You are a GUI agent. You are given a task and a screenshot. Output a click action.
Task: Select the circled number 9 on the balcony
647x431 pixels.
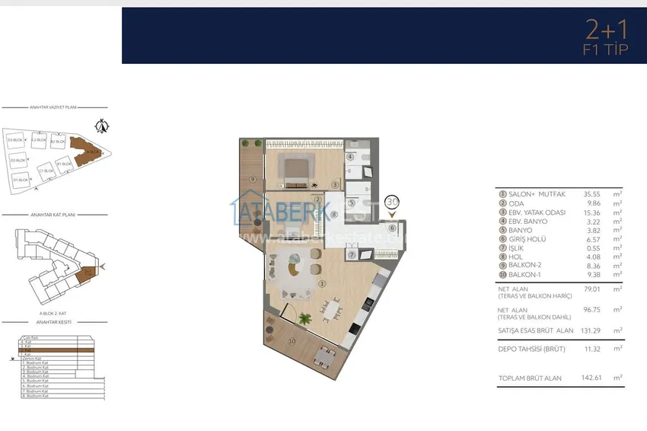(252, 180)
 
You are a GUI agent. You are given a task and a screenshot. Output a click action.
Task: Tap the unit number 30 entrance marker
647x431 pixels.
(392, 203)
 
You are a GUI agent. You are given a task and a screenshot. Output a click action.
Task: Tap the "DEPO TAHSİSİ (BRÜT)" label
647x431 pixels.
(531, 348)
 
